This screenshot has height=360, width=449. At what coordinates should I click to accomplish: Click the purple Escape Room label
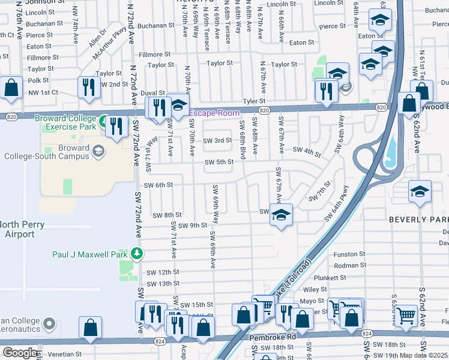(x=214, y=113)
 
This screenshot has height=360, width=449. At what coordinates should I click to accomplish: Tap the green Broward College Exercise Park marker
(x=104, y=122)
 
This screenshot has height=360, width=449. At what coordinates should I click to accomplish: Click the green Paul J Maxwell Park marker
(x=137, y=253)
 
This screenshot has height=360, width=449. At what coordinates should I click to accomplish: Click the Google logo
(x=19, y=352)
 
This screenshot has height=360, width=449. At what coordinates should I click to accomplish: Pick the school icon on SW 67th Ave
(x=280, y=214)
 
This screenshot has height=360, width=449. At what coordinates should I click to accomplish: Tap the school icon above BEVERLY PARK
(x=419, y=191)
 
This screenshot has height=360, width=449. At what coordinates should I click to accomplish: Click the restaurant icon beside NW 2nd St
(x=89, y=86)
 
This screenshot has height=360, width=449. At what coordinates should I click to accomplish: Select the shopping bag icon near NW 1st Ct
(x=11, y=88)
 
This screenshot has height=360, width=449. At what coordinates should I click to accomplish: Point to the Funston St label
(x=349, y=254)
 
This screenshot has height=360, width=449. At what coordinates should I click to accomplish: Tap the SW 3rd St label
(x=217, y=140)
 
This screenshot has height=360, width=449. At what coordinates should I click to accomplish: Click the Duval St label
(x=152, y=94)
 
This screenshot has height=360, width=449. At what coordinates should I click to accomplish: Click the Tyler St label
(x=253, y=101)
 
